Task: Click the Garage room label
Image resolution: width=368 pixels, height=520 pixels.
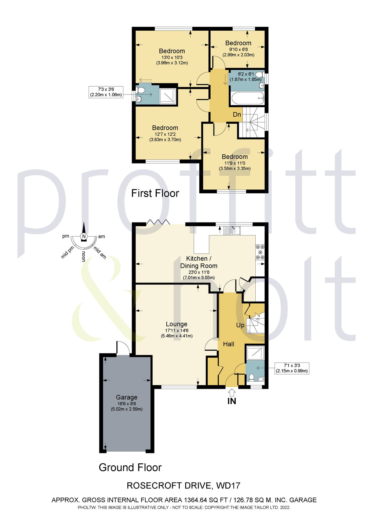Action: (126, 397)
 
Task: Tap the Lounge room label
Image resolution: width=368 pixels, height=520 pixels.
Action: (176, 324)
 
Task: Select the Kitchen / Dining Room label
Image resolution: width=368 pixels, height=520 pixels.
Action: (198, 262)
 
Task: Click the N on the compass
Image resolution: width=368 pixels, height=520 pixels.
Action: (84, 236)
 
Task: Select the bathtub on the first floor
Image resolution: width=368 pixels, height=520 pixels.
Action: (247, 99)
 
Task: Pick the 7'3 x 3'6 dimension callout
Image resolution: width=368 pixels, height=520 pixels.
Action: (106, 92)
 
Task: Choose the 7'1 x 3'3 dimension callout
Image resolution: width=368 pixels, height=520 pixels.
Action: (292, 368)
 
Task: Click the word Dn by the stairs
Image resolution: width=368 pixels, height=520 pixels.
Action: (237, 115)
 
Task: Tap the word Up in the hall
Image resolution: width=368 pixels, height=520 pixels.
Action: (240, 325)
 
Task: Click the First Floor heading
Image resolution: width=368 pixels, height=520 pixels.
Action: (155, 193)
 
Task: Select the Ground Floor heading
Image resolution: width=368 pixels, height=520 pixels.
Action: (130, 467)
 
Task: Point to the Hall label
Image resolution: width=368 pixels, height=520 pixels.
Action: (228, 344)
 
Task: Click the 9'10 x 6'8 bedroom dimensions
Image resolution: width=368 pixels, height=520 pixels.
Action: (238, 49)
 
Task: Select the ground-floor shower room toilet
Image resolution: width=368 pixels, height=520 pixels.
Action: (251, 377)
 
